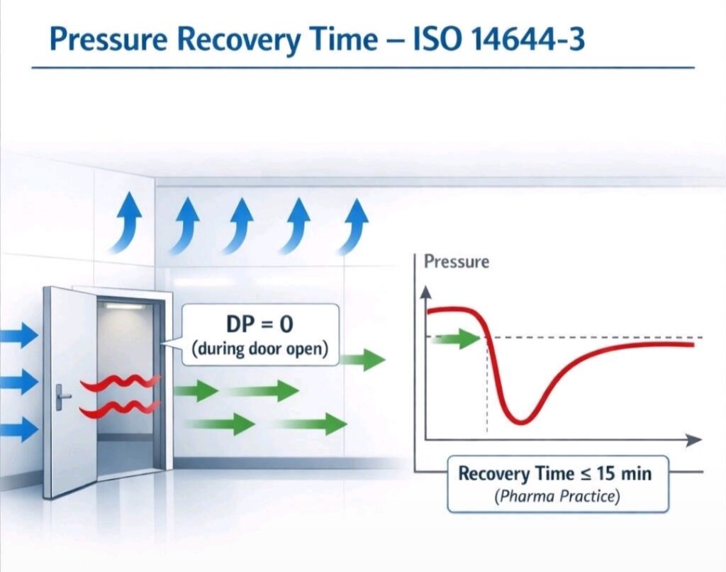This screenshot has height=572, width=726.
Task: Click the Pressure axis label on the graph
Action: [x=456, y=262]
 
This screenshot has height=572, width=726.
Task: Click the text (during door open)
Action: [x=259, y=350]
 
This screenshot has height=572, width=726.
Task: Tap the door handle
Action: [x=62, y=395]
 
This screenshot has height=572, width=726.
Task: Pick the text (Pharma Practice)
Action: [x=557, y=496]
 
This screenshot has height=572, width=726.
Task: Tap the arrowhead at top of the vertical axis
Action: [x=425, y=291]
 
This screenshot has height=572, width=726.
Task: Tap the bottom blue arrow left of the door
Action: [x=18, y=429]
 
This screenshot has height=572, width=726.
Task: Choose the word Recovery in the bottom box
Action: [x=493, y=473]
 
